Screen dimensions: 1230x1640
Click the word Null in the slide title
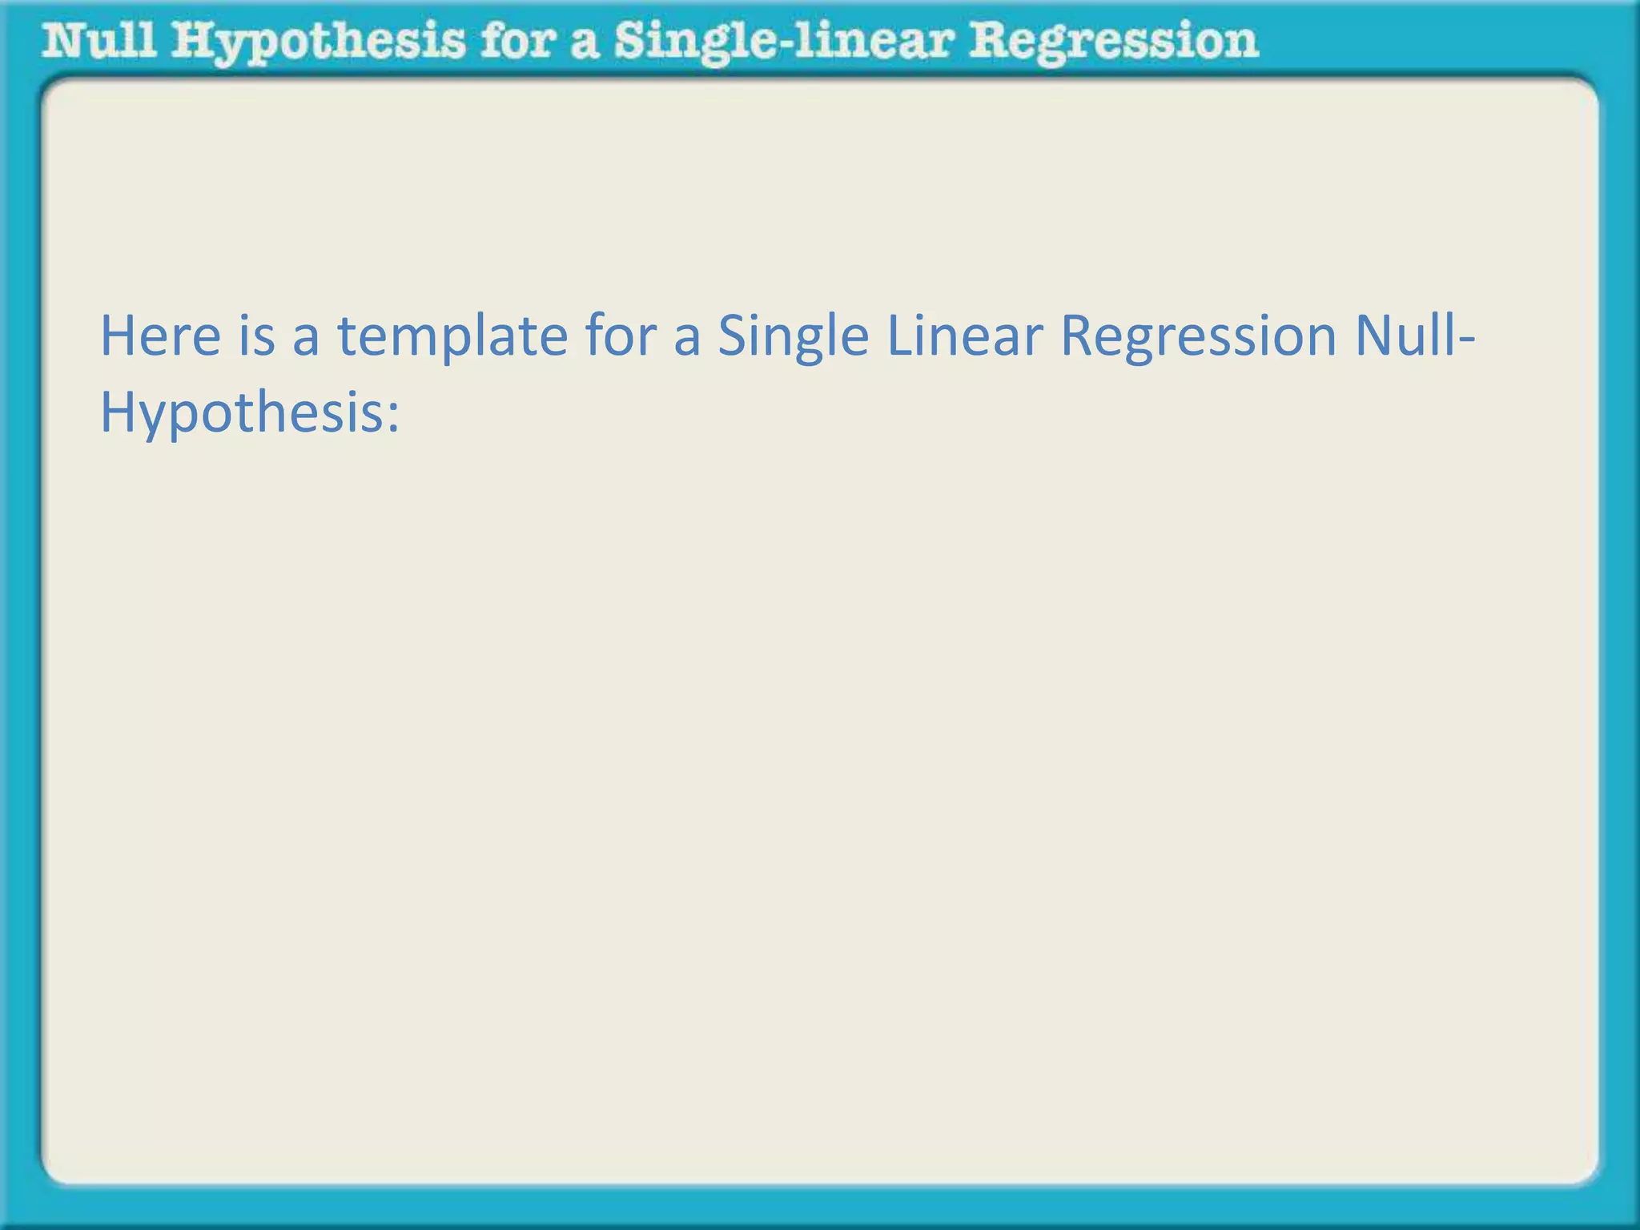click(x=99, y=41)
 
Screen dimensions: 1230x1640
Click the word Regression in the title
click(x=1113, y=42)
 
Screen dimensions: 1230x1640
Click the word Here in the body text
click(x=160, y=336)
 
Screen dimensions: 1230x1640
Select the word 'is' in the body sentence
click(x=257, y=336)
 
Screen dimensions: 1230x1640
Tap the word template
click(x=452, y=337)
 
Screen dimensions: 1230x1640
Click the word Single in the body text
click(x=793, y=337)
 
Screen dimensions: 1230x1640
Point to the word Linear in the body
click(x=964, y=336)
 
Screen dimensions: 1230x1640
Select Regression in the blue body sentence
click(x=1198, y=337)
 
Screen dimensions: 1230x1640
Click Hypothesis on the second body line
click(x=240, y=416)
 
